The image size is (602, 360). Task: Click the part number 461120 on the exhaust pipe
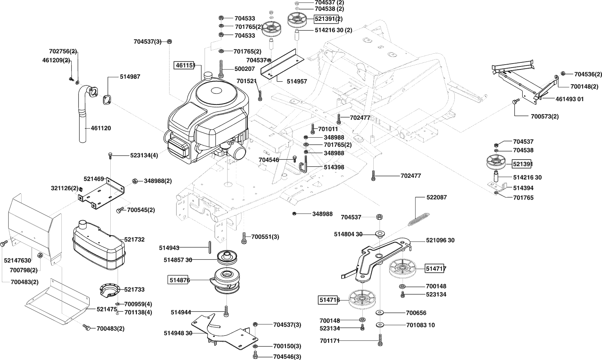[100, 128]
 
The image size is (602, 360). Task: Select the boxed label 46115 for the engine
[184, 66]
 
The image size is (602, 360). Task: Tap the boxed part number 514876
[179, 280]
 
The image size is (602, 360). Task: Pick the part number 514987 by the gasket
[130, 77]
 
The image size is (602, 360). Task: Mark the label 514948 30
[178, 333]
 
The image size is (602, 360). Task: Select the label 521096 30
[440, 240]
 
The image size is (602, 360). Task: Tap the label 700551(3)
[265, 237]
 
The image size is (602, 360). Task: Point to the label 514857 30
[178, 260]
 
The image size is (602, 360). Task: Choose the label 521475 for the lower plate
[107, 309]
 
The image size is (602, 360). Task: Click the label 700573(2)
[544, 116]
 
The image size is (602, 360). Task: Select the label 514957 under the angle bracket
[286, 81]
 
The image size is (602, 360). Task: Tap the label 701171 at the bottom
[330, 341]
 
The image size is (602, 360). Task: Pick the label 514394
[523, 188]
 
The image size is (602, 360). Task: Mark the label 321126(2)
[65, 188]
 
